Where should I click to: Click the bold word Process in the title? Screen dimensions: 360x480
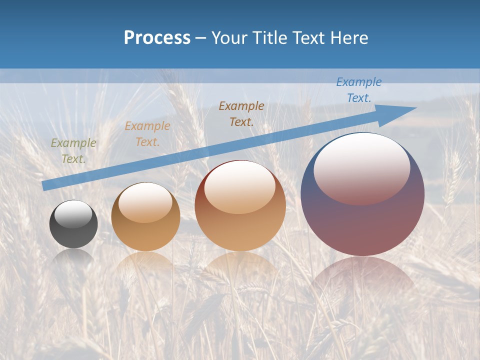click(157, 38)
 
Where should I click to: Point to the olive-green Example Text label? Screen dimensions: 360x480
click(73, 151)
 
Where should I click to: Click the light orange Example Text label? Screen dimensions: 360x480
click(147, 134)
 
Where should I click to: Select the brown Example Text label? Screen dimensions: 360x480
click(241, 114)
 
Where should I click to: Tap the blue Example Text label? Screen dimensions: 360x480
click(359, 90)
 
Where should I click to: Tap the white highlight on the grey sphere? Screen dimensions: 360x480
click(73, 214)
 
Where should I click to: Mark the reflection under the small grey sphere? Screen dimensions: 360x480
click(73, 256)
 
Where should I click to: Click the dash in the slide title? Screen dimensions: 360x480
click(201, 38)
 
